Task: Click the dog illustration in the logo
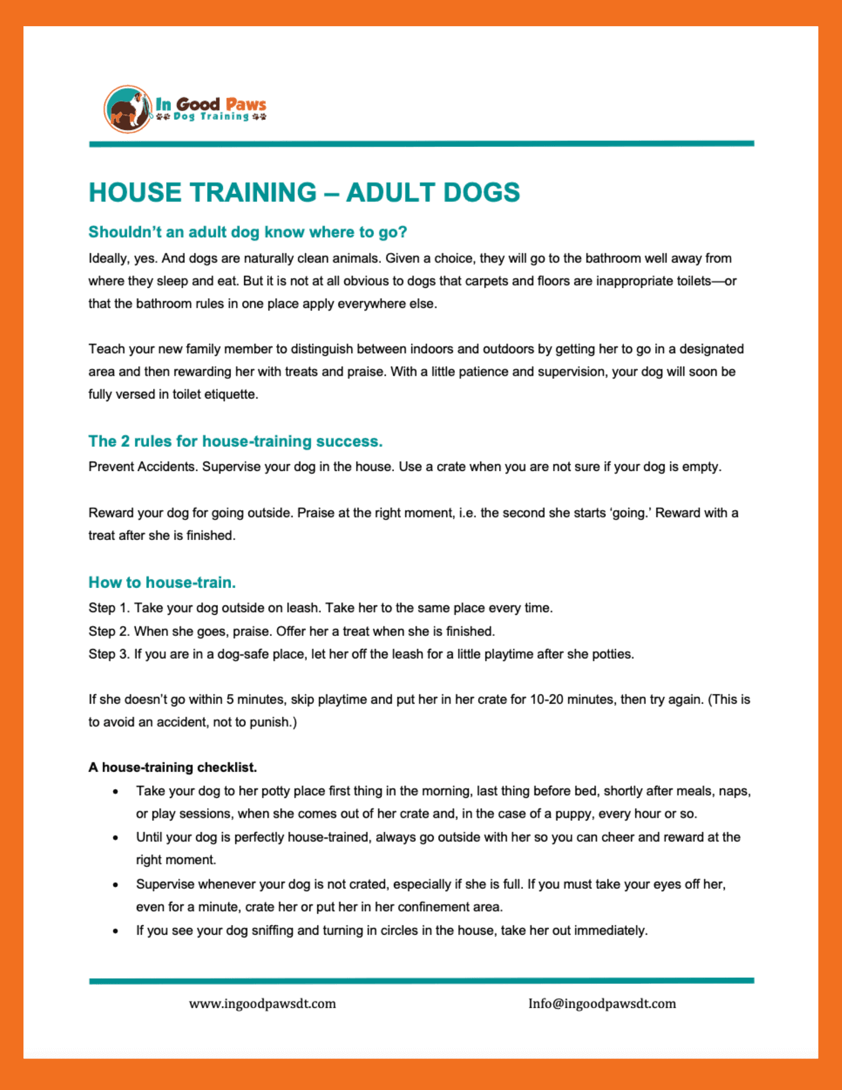coord(128,109)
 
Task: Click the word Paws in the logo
coord(246,104)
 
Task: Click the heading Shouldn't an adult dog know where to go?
coord(248,232)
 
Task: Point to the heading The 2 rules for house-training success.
coord(235,441)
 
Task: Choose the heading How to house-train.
coord(162,583)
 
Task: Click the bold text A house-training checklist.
coord(173,767)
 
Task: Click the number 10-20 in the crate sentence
coord(546,699)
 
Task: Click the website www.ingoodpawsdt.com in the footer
coord(263,1004)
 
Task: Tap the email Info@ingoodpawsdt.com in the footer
coord(602,1004)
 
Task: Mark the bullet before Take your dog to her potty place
coord(116,792)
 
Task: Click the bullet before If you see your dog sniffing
coord(116,931)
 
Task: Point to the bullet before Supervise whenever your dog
coord(116,885)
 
